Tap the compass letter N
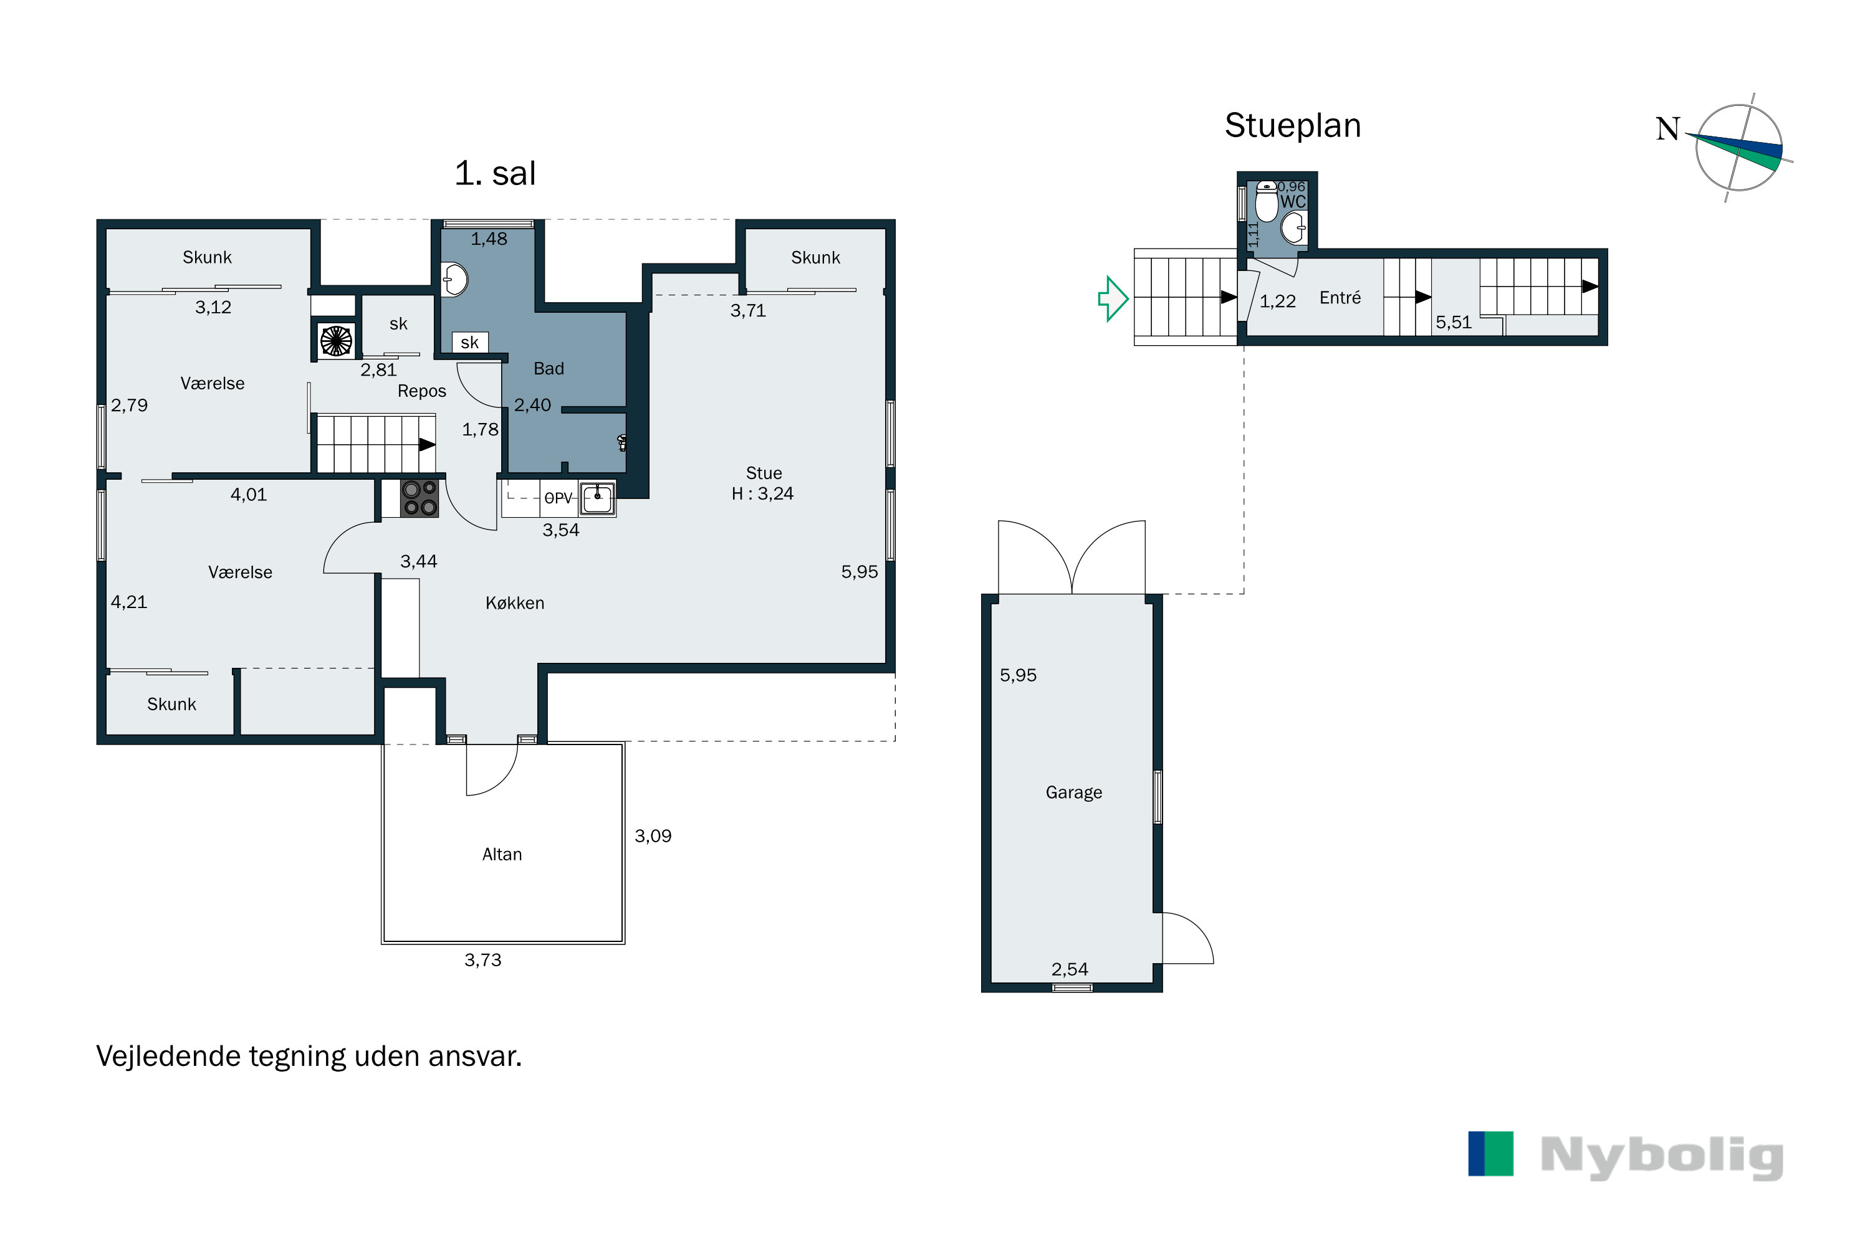(x=1667, y=129)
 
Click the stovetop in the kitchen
(x=419, y=498)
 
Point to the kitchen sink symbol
(x=597, y=499)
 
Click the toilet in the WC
(x=1267, y=201)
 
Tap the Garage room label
(x=1073, y=793)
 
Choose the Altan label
(x=502, y=854)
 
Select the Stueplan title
(x=1293, y=126)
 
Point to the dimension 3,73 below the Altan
(x=482, y=960)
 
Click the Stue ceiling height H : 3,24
(x=762, y=493)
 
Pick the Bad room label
(x=549, y=369)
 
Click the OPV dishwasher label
(x=558, y=498)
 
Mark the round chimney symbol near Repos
(x=335, y=341)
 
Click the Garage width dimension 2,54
(x=1070, y=969)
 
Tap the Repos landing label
(x=421, y=391)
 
